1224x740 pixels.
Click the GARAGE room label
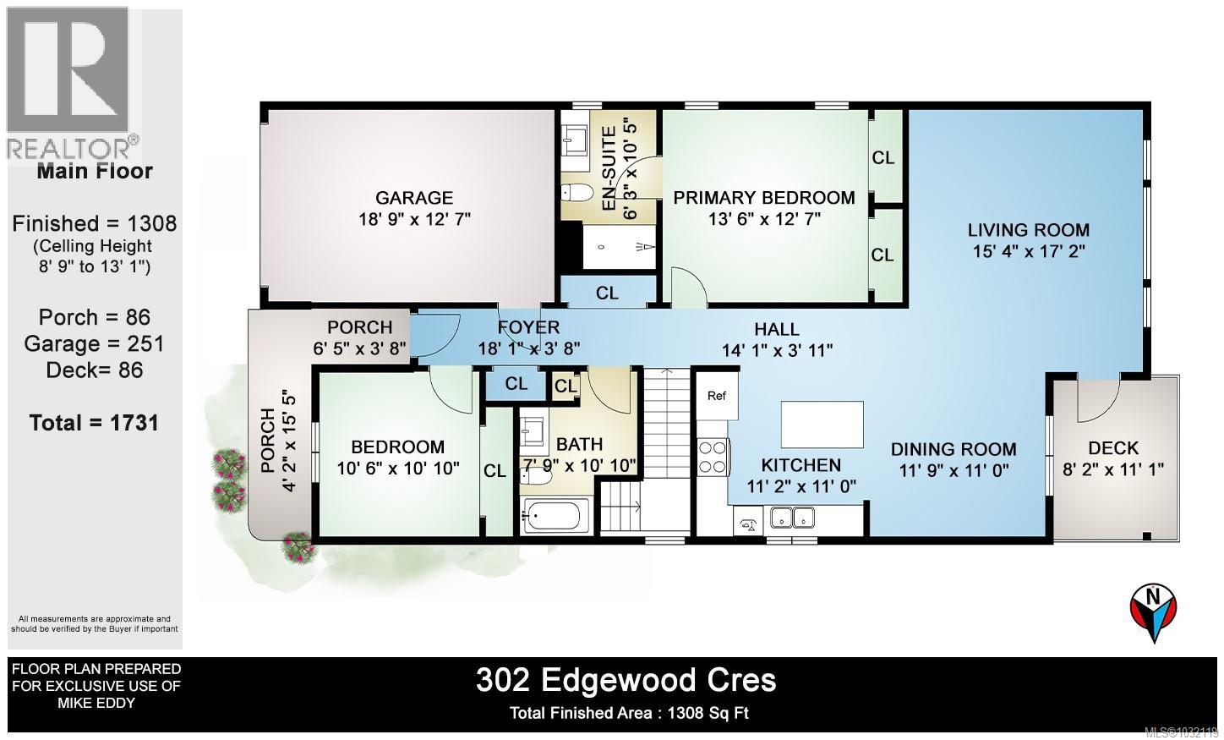tap(413, 198)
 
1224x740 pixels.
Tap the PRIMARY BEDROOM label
tap(763, 198)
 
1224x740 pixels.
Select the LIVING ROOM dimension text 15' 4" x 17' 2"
tap(1028, 251)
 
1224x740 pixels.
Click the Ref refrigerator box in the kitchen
tap(716, 396)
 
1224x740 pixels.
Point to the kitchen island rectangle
tap(822, 425)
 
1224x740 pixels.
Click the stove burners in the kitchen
tap(713, 457)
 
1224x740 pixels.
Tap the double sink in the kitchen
tap(792, 517)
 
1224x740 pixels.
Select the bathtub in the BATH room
tap(556, 515)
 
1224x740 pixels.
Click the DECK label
tap(1113, 448)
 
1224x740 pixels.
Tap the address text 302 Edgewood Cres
tap(626, 680)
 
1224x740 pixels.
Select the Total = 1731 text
tap(94, 422)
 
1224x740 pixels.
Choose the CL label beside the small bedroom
tap(495, 471)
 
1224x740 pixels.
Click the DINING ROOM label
tap(953, 449)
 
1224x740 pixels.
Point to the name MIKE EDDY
tap(95, 703)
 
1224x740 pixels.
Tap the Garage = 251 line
tap(94, 343)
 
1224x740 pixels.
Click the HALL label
tap(776, 329)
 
